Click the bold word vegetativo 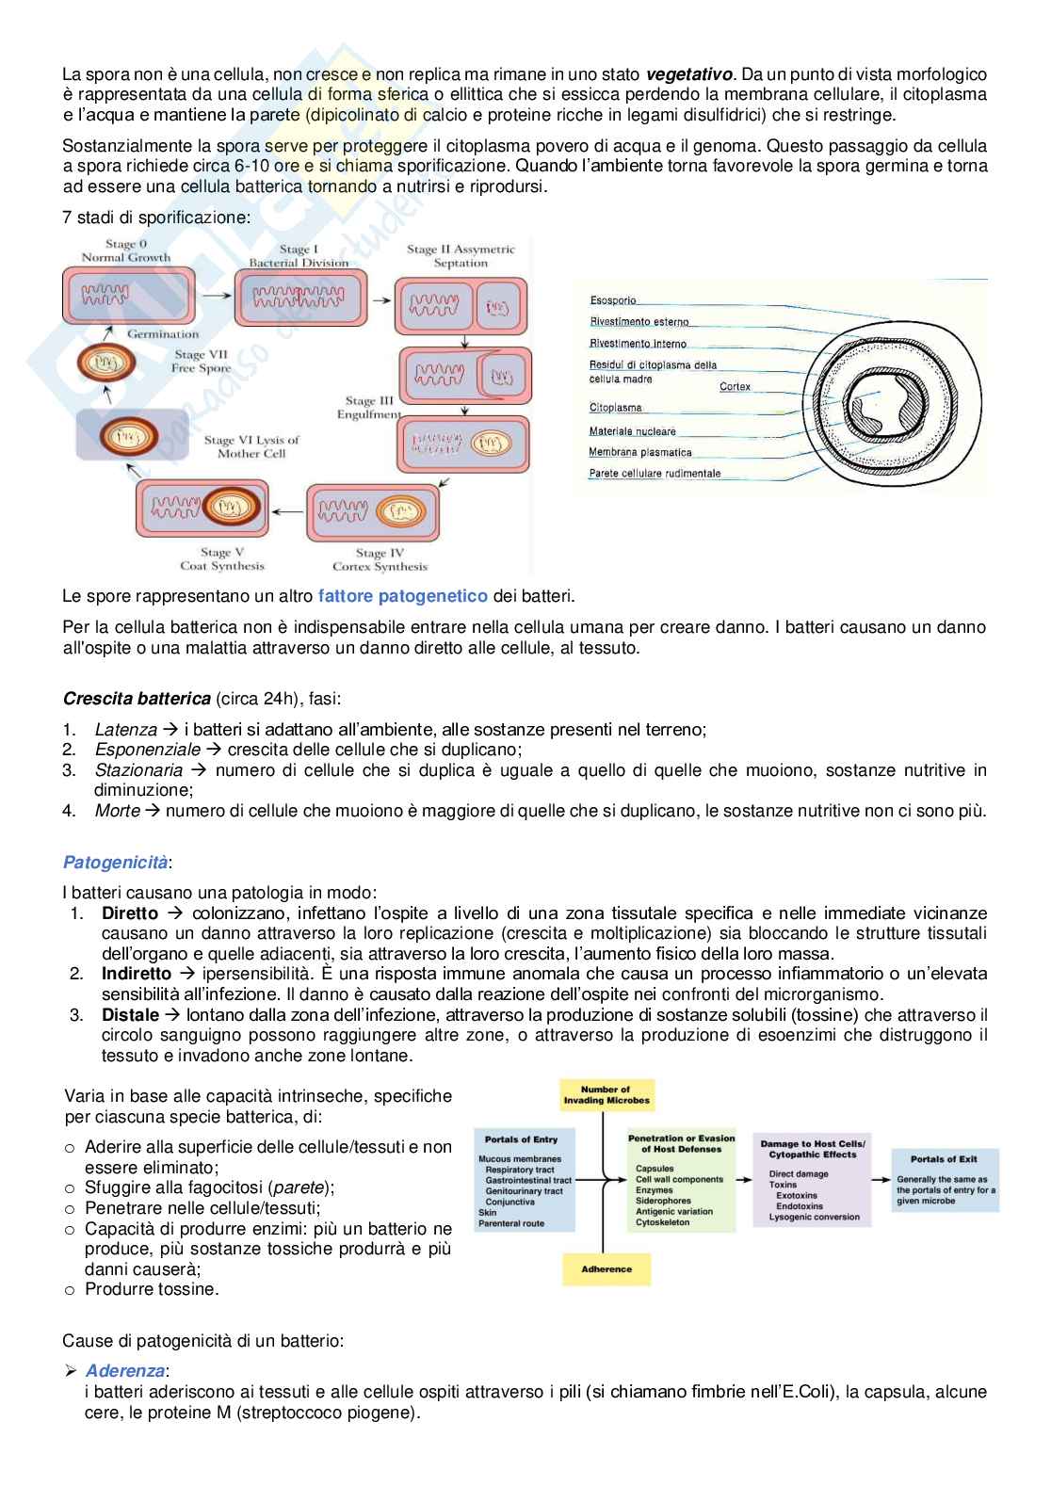[689, 74]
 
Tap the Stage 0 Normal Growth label [126, 250]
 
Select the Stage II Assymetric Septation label [461, 256]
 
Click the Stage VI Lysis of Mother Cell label [251, 446]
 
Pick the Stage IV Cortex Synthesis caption [380, 559]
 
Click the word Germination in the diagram [163, 333]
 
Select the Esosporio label [613, 300]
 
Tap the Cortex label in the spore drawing [735, 387]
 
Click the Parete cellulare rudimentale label [655, 474]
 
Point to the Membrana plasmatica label [640, 452]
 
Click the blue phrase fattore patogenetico [403, 596]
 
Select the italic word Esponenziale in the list [148, 750]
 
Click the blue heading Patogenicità [115, 863]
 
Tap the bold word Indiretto [137, 974]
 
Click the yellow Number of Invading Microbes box [606, 1095]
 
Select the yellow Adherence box [606, 1269]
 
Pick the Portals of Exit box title [944, 1159]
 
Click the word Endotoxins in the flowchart [799, 1206]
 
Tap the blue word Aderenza [125, 1371]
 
